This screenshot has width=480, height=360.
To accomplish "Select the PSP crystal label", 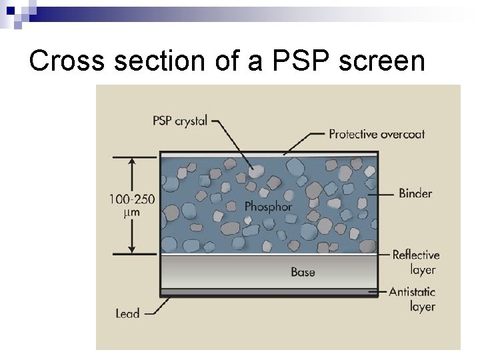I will click(x=180, y=121).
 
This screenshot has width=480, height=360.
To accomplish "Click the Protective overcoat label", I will click(x=377, y=134).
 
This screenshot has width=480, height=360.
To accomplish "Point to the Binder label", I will click(x=415, y=193).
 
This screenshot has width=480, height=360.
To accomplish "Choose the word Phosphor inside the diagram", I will click(x=268, y=206).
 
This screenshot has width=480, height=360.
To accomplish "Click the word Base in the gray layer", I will click(x=303, y=272).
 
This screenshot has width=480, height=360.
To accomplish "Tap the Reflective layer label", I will click(x=415, y=262).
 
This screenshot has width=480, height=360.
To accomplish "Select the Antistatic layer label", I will click(x=412, y=299).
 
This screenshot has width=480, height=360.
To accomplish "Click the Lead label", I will click(x=127, y=312).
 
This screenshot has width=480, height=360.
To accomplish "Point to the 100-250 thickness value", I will click(x=133, y=199).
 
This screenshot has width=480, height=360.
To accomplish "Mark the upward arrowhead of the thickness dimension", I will click(x=132, y=161).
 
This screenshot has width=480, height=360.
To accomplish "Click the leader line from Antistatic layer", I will click(x=382, y=292).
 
